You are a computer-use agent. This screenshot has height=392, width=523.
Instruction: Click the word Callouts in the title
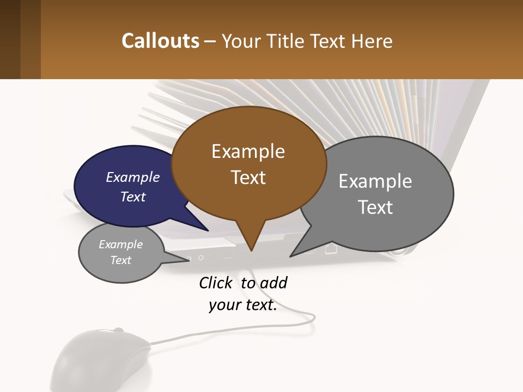(160, 41)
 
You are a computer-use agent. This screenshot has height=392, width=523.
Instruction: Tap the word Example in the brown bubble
(248, 151)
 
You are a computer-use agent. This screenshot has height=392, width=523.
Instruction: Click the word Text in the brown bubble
(248, 177)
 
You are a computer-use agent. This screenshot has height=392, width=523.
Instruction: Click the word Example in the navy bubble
(132, 177)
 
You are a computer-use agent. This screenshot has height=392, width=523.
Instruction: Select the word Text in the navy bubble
(132, 197)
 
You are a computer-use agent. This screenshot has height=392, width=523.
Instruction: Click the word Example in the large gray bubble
(375, 181)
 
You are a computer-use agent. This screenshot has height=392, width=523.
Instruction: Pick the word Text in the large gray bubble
(375, 207)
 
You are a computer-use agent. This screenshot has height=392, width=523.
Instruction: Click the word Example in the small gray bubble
(120, 244)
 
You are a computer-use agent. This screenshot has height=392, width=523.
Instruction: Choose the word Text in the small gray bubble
(120, 260)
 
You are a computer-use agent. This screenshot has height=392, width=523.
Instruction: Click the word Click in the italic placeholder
(216, 283)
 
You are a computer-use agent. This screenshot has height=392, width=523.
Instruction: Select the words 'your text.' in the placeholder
(242, 305)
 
